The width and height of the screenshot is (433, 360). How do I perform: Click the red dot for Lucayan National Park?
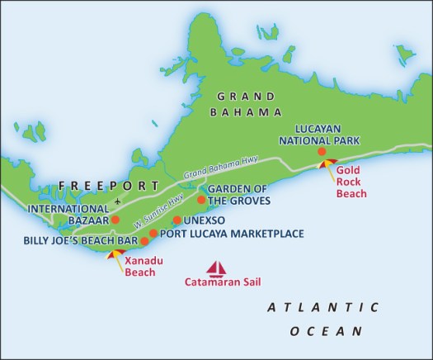point(322,152)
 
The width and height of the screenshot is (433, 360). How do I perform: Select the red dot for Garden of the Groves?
point(200,200)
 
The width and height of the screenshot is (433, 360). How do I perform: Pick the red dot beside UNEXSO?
point(177,220)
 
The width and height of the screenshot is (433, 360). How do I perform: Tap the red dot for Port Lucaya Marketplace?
point(153,234)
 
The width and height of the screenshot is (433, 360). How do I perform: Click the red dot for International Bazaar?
point(115,220)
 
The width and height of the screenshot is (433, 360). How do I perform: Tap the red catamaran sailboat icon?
point(217,269)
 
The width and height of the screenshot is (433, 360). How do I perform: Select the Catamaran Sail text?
point(217,287)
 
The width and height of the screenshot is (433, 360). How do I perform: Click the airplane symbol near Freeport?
point(120,201)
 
